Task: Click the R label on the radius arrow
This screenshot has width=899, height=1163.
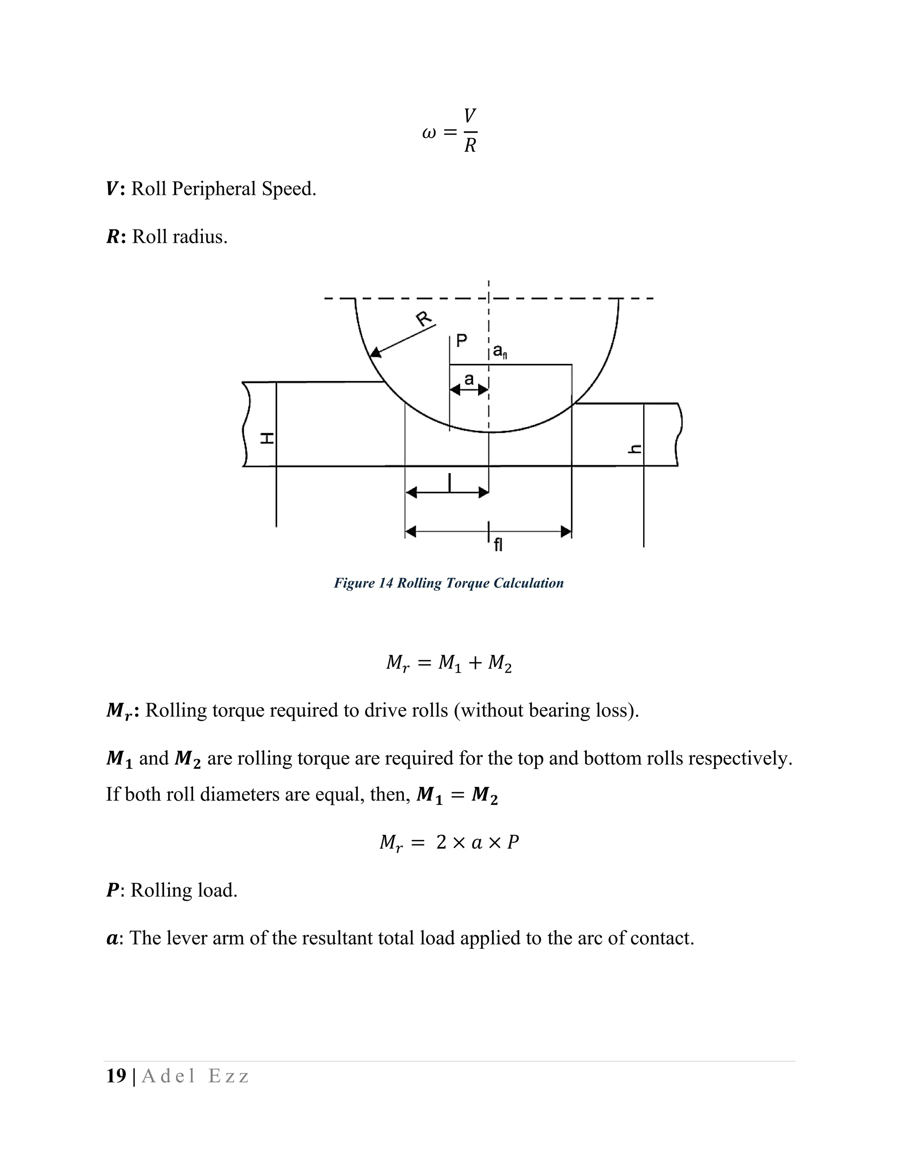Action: [x=424, y=319]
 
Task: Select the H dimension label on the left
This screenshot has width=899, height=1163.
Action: [x=266, y=439]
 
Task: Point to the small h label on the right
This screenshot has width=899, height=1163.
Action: [x=635, y=449]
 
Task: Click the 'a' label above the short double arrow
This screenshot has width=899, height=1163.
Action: [x=469, y=379]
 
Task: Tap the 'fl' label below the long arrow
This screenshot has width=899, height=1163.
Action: [x=498, y=545]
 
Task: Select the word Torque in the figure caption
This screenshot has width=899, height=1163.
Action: [x=468, y=583]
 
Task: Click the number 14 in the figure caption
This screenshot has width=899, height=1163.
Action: [x=386, y=583]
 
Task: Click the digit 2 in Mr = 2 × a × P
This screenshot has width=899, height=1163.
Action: [x=441, y=842]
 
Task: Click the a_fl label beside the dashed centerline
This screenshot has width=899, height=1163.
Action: [x=500, y=351]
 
